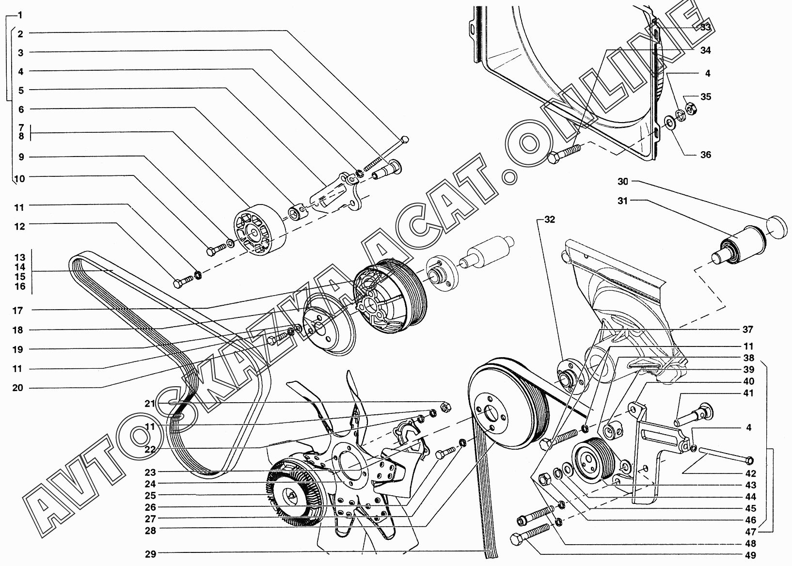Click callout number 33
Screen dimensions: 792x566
coord(705,28)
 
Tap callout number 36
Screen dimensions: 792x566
coord(706,155)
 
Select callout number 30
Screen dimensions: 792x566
coord(623,181)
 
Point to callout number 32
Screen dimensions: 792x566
coord(550,220)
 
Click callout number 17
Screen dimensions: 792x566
coord(17,311)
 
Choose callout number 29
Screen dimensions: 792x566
coord(151,554)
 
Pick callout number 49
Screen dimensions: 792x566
coord(750,555)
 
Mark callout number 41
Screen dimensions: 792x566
coord(748,393)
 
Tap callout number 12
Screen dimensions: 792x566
coord(20,226)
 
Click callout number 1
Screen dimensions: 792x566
coord(20,15)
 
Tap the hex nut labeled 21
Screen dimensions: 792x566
coord(445,407)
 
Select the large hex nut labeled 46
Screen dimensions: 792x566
coord(545,479)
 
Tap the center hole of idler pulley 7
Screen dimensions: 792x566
coord(253,234)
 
